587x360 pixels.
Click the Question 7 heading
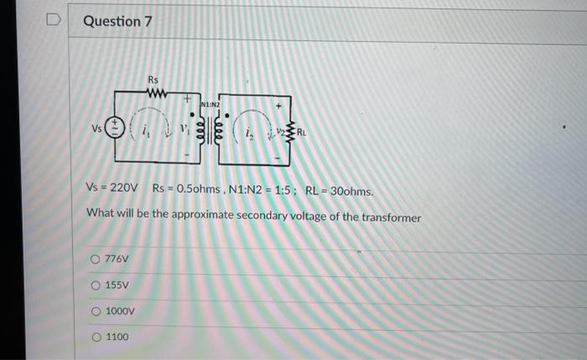(x=117, y=22)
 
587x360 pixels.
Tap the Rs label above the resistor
(x=153, y=79)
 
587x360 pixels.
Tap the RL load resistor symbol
(x=290, y=131)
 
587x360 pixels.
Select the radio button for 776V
(x=97, y=258)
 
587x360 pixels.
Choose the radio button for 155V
(x=97, y=284)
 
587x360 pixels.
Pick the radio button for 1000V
(x=97, y=311)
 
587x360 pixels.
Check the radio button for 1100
(x=97, y=337)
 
